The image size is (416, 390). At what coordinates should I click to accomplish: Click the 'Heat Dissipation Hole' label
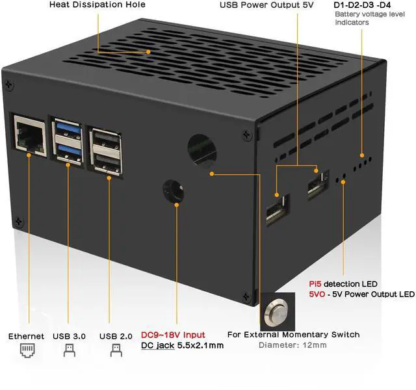tap(97, 5)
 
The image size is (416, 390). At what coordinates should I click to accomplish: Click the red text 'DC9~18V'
tap(159, 334)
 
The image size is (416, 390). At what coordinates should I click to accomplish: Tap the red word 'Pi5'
tap(315, 284)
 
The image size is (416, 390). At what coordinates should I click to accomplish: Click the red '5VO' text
tap(318, 294)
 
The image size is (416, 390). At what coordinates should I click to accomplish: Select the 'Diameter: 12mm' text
tap(292, 345)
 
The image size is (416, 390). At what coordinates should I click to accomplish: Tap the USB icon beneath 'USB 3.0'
tap(70, 352)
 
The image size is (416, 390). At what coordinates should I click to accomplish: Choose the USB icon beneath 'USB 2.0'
tap(116, 352)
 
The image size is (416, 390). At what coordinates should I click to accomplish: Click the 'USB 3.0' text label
tap(70, 336)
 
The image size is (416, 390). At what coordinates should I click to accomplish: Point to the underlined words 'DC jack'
tap(157, 345)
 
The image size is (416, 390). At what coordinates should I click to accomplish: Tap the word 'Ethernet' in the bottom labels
tap(26, 336)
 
